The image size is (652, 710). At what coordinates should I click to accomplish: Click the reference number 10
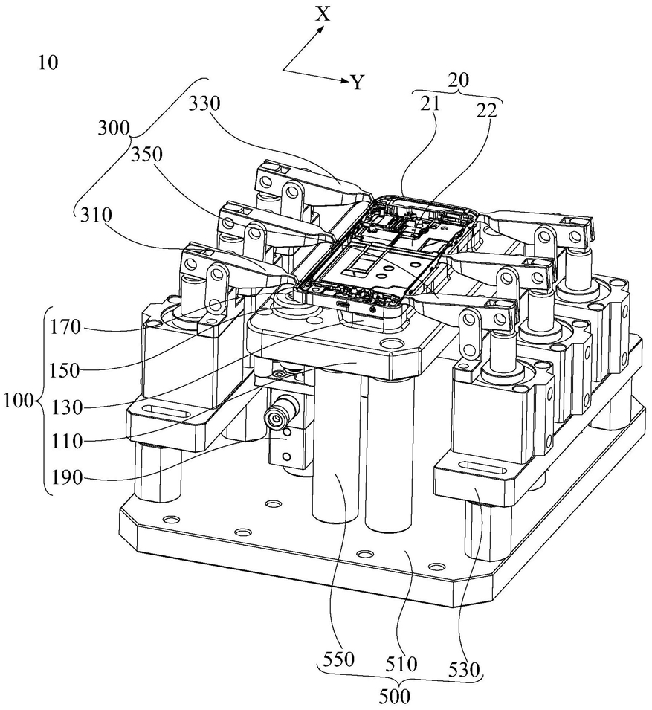point(48,62)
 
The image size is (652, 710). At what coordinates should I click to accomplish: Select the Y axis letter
point(358,83)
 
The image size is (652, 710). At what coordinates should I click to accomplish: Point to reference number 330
point(204,104)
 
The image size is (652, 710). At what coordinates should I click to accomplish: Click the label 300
point(114,129)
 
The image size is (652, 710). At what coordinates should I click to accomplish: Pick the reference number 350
point(147,155)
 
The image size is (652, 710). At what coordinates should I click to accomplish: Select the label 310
point(96,215)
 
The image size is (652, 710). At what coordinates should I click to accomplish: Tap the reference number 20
point(458,80)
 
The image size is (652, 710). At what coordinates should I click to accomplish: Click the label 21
point(430,103)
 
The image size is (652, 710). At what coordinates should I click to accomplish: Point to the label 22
point(487,110)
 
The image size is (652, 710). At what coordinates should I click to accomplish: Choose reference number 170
point(65,327)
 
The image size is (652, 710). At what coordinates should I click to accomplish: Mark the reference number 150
point(65,370)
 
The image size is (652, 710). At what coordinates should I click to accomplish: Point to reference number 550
point(340,659)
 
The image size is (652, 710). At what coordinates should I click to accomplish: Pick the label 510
point(401,664)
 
